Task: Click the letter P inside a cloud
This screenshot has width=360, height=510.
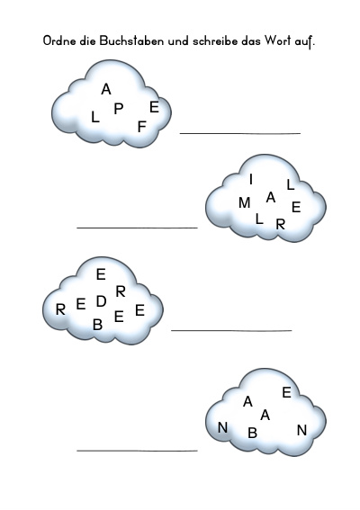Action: (x=119, y=109)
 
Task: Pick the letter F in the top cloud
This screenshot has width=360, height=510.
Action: (x=141, y=127)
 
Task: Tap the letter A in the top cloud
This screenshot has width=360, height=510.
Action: (x=106, y=89)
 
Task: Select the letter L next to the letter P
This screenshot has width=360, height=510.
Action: (x=94, y=117)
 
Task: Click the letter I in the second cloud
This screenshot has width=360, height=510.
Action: (x=250, y=179)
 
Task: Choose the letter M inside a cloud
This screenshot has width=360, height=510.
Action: (x=244, y=203)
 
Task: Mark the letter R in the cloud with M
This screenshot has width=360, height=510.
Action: (x=280, y=224)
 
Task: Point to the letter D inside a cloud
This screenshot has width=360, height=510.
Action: (x=101, y=301)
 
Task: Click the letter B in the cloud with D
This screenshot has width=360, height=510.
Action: (x=97, y=325)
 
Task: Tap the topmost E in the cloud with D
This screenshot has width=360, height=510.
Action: (x=101, y=274)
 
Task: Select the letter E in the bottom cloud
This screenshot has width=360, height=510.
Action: (x=286, y=392)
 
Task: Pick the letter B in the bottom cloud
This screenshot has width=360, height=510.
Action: (x=252, y=433)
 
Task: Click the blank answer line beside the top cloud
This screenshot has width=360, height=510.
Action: (x=240, y=133)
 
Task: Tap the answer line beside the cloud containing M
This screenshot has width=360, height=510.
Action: (x=137, y=228)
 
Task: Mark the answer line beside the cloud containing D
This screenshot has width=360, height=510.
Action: (x=231, y=330)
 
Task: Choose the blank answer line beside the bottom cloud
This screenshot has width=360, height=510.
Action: (x=137, y=451)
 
